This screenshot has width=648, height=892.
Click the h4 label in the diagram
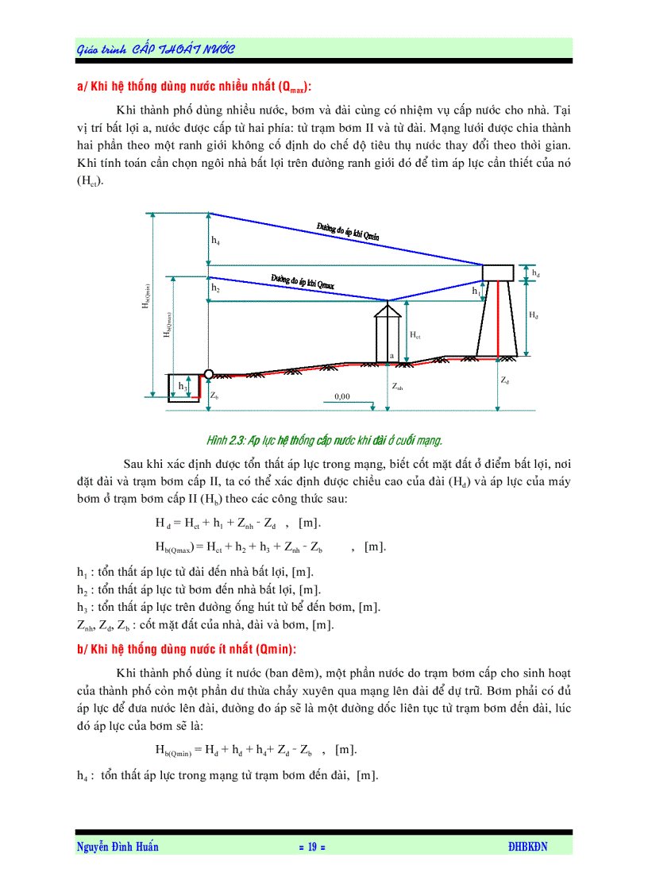pos(216,240)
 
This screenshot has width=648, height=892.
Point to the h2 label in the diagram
pos(216,290)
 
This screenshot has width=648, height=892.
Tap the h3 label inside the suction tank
pos(183,387)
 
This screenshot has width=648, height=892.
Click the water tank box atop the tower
pos(499,272)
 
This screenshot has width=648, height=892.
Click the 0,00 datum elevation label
pos(342,395)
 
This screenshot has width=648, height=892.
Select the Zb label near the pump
pos(214,394)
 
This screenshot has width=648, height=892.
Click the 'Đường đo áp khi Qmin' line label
pos(348,231)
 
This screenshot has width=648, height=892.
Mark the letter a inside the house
pos(391,355)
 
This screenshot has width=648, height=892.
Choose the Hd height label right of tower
pos(533,315)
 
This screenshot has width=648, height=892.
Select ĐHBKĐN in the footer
pos(528,848)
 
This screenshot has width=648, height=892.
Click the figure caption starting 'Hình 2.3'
pos(324,439)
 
